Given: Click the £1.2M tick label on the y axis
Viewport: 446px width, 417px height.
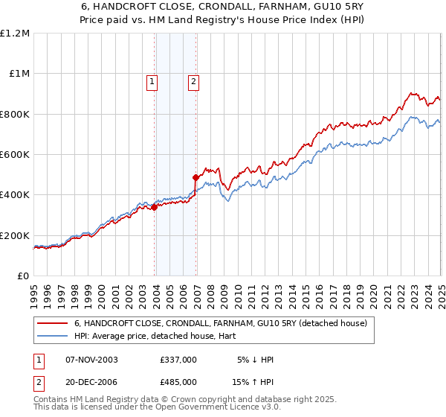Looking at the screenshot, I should pos(15,34).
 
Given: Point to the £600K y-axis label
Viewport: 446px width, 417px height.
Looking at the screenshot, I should pos(15,155).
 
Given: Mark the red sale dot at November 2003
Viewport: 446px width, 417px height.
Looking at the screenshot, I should pos(155,208).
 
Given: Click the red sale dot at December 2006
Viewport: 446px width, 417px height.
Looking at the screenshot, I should pos(196,178).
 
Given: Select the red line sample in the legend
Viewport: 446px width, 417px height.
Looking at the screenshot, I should pos(54,323).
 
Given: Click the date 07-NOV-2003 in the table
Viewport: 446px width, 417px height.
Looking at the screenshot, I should pos(91,360).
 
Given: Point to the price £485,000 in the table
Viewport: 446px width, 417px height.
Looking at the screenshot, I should pos(178,383).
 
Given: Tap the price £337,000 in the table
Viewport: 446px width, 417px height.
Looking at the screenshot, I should pos(178,360).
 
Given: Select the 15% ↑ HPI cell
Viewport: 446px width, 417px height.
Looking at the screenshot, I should pos(253,383).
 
